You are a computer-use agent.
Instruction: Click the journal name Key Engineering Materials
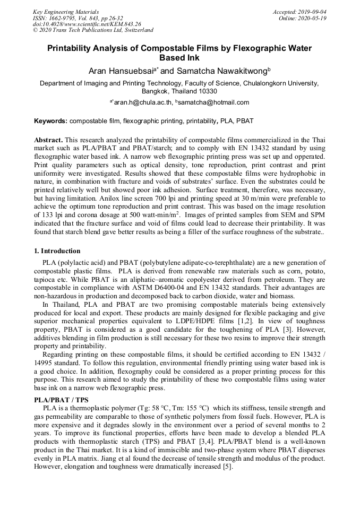click(66, 12)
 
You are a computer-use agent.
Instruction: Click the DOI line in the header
click(87, 24)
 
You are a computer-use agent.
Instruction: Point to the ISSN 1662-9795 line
click(78, 18)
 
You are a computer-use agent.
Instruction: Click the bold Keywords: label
click(50, 121)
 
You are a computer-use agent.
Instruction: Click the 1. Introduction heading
click(57, 251)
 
